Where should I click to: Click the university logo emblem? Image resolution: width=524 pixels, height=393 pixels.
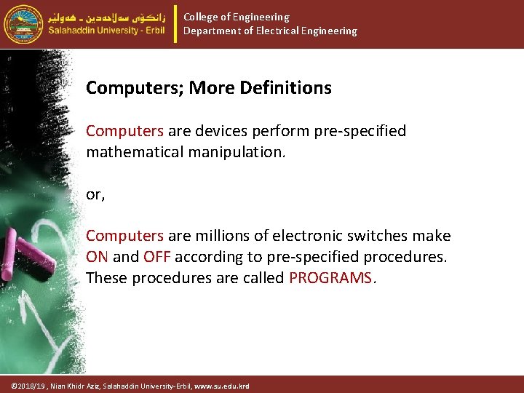click(24, 24)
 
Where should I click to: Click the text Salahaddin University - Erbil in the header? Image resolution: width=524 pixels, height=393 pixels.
click(107, 31)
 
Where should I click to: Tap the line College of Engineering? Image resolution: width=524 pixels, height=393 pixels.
click(236, 17)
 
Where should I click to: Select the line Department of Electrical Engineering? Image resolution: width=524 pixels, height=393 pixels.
click(270, 31)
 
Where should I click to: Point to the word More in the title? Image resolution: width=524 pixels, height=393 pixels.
click(210, 88)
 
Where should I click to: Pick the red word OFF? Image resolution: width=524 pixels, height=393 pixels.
click(156, 257)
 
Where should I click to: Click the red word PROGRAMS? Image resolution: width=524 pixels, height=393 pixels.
click(331, 278)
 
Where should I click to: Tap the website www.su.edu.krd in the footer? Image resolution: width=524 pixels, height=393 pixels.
click(223, 386)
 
